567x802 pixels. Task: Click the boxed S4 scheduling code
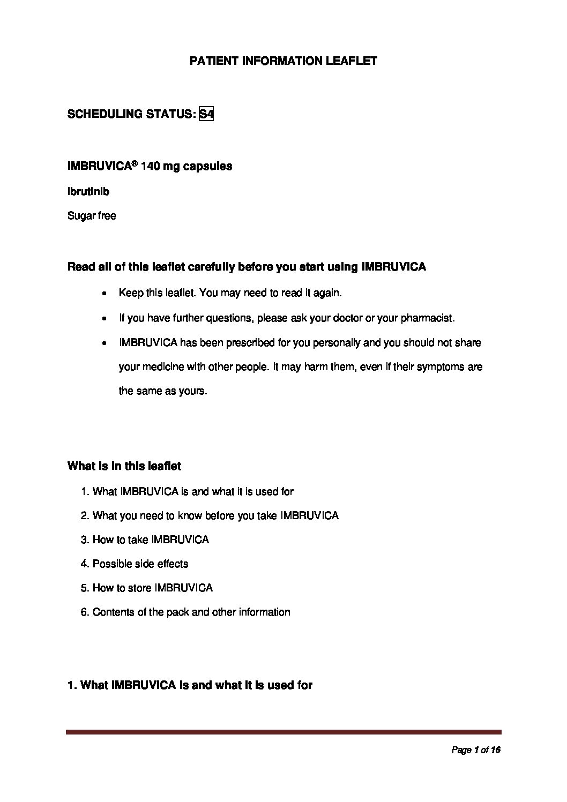(x=206, y=114)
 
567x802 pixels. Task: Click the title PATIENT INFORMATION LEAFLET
(x=283, y=61)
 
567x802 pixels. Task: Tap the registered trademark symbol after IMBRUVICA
(x=135, y=164)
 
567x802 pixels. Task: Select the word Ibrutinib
(x=88, y=191)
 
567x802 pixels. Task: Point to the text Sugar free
(x=92, y=216)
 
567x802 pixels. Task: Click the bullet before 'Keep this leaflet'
(x=105, y=294)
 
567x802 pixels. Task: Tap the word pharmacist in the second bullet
(x=428, y=318)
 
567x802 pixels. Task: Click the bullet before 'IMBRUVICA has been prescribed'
(x=105, y=343)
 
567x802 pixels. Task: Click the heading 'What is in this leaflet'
(x=124, y=466)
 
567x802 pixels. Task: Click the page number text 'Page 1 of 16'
(x=476, y=751)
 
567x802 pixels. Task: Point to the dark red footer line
(x=283, y=732)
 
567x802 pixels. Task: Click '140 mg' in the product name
(x=160, y=167)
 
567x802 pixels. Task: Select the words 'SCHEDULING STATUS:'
(x=131, y=114)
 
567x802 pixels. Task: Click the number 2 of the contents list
(x=84, y=515)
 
